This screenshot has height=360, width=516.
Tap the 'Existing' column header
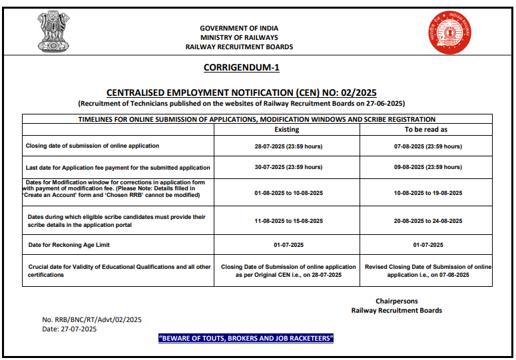[x=286, y=129]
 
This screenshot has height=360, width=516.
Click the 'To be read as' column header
[x=426, y=129]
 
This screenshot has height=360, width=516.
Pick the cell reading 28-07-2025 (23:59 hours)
[x=286, y=146]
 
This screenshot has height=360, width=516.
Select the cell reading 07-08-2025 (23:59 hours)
[x=426, y=146]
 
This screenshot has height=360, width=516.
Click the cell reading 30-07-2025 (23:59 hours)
[x=286, y=167]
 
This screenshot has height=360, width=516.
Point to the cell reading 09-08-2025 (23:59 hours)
[x=426, y=167]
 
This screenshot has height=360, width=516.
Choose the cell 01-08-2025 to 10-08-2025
[x=286, y=192]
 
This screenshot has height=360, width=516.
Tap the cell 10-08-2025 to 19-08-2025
[x=426, y=192]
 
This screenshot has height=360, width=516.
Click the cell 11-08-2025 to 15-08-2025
[x=286, y=221]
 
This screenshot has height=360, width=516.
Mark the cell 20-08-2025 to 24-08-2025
[x=426, y=221]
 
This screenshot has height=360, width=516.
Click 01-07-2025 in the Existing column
[x=286, y=246]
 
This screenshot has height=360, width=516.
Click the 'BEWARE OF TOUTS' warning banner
[x=245, y=339]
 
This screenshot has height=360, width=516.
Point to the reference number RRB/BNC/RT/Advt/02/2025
[x=92, y=320]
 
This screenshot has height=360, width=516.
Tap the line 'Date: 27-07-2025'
[x=69, y=329]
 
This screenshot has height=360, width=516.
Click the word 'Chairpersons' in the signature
[x=397, y=301]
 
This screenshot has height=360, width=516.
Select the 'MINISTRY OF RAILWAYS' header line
[x=240, y=37]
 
